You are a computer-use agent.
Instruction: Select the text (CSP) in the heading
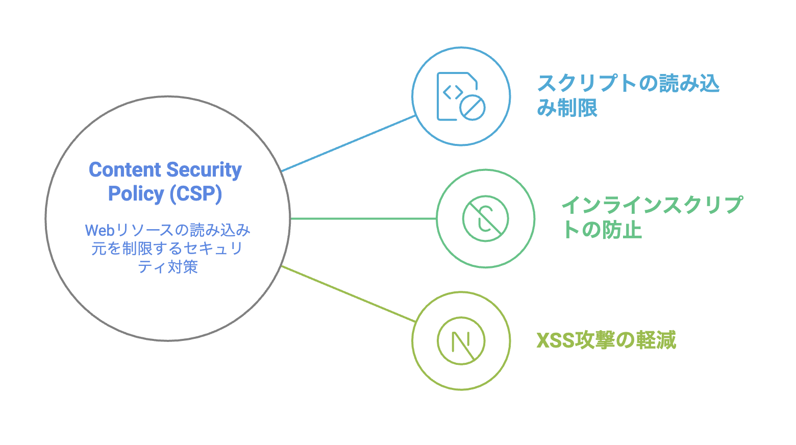pos(196,194)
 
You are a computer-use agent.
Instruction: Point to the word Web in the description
pos(99,231)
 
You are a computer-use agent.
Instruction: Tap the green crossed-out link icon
pos(485,218)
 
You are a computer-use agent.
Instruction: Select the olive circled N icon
pos(461,341)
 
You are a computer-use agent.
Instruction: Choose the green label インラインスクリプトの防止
pos(652,217)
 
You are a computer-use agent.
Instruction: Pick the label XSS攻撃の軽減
pos(606,340)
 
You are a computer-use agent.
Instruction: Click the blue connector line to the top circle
pos(349,143)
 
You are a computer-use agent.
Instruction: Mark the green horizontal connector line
pos(363,219)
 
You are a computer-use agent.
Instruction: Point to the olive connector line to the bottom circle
pos(349,294)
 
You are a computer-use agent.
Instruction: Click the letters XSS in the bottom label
pos(555,340)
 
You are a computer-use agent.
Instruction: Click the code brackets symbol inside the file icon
pos(453,92)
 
